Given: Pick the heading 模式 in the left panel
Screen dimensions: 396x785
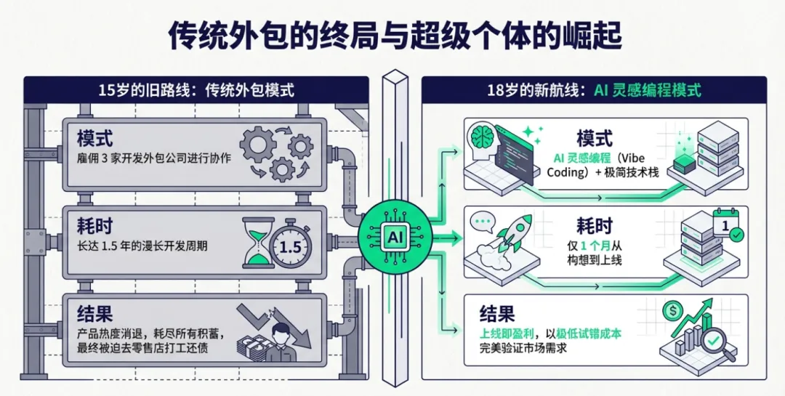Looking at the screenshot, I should [x=95, y=137].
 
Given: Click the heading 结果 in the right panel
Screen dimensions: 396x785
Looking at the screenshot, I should [x=497, y=314].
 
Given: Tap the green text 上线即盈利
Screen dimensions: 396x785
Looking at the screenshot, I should [x=507, y=333].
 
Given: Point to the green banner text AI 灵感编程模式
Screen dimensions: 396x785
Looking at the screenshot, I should [x=648, y=91].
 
